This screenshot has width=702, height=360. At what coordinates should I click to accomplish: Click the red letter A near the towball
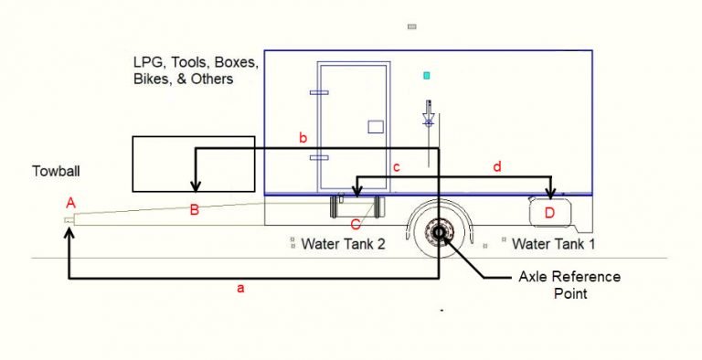(70, 202)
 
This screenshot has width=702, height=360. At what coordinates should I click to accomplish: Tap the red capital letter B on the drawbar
(194, 210)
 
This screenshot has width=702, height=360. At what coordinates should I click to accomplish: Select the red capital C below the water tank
(356, 222)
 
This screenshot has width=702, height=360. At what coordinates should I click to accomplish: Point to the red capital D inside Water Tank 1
(549, 213)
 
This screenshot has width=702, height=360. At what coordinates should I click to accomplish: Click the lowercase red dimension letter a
(241, 289)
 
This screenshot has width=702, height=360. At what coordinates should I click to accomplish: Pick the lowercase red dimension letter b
(303, 138)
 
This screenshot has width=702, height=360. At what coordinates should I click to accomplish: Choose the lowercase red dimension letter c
(396, 167)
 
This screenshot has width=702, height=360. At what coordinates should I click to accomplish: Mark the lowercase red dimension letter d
(497, 166)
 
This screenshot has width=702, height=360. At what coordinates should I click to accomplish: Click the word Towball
(55, 171)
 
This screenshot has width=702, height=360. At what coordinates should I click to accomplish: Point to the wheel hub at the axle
(438, 234)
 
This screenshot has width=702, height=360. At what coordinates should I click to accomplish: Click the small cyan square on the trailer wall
(426, 74)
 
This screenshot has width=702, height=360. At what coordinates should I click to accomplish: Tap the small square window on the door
(375, 126)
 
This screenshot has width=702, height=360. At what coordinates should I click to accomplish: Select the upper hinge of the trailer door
(319, 93)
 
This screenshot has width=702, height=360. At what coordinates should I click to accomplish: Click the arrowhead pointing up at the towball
(69, 233)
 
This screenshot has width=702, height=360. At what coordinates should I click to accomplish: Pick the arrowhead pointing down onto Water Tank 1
(550, 193)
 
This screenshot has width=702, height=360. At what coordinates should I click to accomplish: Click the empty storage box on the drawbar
(193, 164)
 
